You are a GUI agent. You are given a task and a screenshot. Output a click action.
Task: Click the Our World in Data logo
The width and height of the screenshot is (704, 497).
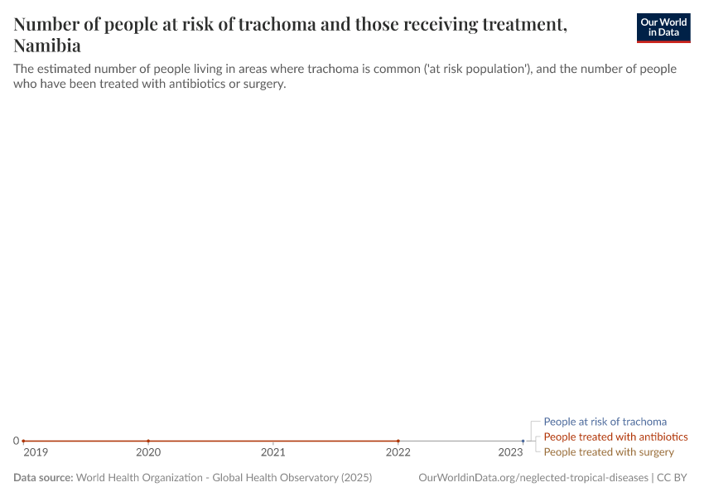[x=663, y=27]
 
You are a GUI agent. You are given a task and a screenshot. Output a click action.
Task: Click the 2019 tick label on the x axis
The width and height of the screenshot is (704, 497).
[x=36, y=452]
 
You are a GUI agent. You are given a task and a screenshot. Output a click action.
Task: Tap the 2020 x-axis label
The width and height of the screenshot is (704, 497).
[x=148, y=452]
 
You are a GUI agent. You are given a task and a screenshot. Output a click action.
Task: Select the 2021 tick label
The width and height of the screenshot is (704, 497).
[x=273, y=452]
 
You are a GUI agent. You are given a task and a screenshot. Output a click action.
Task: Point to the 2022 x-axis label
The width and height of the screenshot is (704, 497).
[x=398, y=452]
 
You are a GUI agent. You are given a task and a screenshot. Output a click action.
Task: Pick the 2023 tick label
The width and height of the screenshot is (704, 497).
[x=510, y=452]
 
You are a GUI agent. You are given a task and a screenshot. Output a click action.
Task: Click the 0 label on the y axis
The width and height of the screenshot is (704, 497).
[x=16, y=441]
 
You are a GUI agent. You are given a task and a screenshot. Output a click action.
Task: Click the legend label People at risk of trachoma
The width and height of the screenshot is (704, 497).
[x=605, y=422]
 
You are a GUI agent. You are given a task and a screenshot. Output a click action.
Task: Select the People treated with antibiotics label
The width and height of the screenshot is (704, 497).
[x=615, y=437]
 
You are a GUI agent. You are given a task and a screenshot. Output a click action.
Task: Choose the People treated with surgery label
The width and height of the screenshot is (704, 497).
[x=609, y=451]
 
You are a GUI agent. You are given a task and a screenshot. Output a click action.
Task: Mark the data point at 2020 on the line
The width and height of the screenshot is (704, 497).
[x=148, y=441]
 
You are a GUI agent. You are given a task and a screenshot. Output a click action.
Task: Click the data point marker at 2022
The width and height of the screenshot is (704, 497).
[x=398, y=441]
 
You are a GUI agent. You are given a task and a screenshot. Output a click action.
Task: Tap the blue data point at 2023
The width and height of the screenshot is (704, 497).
[x=523, y=441]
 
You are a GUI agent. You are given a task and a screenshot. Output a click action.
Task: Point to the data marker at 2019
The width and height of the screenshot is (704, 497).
[x=23, y=441]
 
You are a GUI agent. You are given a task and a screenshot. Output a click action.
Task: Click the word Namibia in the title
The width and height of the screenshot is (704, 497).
[x=47, y=46]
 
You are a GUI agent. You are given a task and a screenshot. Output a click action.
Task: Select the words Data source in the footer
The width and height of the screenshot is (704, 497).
[x=43, y=478]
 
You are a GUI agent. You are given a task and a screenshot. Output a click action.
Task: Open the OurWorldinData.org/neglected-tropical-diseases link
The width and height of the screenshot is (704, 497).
[x=533, y=478]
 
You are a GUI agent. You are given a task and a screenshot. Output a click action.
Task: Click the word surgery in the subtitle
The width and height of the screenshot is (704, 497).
[x=263, y=84]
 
